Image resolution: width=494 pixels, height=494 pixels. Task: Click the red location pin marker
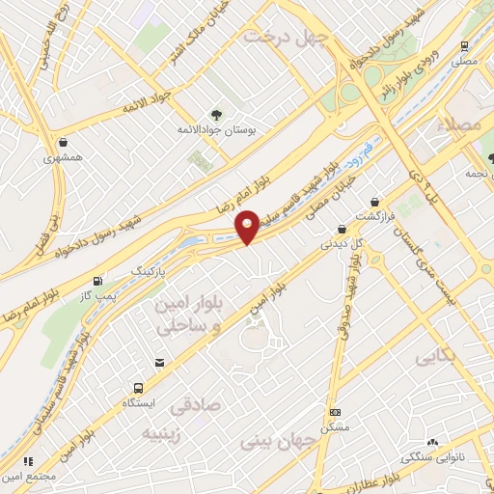point(248,226)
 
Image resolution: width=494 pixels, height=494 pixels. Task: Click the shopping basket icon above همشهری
point(63,141)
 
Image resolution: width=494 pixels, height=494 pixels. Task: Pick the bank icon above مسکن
point(335,412)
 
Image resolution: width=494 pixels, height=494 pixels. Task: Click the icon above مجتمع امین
point(28,462)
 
